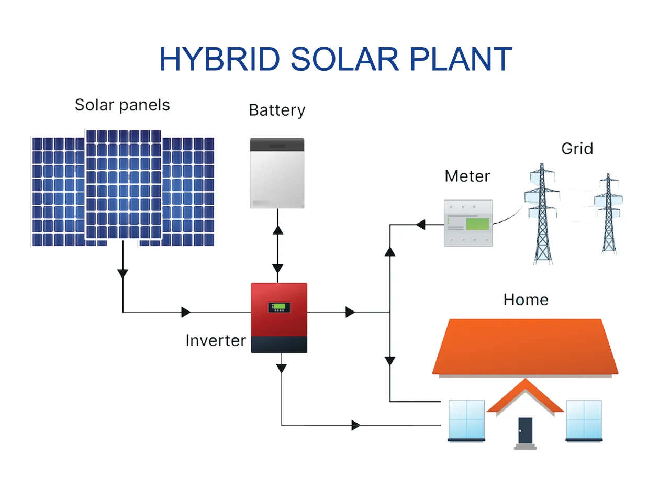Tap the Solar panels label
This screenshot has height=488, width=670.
122,105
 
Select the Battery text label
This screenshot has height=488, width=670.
277,110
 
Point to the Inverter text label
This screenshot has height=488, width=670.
216,340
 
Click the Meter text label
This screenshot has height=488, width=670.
467,176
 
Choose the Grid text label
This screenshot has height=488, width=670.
577,149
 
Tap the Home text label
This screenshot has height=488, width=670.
526,300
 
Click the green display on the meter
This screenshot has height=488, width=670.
477,224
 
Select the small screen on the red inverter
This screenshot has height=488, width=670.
279,307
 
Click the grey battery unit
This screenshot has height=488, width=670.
277,173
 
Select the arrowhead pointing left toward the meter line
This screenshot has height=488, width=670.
420,225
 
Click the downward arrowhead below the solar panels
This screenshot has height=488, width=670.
122,273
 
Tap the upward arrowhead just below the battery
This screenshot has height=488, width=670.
277,229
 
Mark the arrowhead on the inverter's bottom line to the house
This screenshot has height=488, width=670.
356,425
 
